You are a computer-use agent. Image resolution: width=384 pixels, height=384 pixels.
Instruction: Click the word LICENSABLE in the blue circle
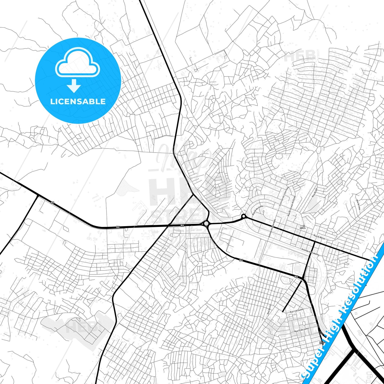(78, 102)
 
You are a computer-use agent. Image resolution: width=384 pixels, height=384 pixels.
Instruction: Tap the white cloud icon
(78, 63)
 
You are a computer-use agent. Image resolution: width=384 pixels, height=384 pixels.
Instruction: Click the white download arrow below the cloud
(74, 86)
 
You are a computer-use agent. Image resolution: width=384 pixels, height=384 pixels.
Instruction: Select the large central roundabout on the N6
(206, 223)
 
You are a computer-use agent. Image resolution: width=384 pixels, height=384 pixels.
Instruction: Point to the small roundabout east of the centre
(243, 217)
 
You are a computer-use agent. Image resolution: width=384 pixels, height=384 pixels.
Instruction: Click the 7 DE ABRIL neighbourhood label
(303, 227)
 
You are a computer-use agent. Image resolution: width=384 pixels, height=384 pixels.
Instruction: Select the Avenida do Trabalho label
(310, 252)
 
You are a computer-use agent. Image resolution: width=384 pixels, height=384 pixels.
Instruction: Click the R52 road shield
(322, 343)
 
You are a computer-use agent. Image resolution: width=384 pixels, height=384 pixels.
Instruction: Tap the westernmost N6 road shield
(52, 202)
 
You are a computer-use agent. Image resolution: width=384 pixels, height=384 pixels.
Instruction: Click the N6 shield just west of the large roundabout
(182, 225)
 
